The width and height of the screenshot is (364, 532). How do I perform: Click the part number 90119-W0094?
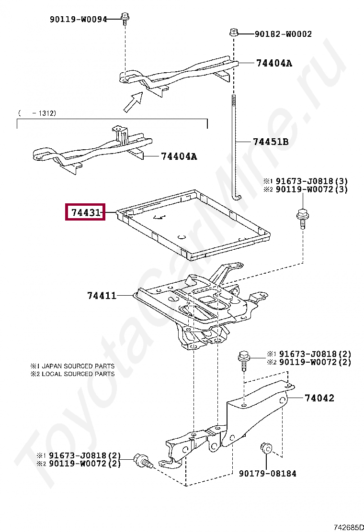pyautogui.click(x=79, y=19)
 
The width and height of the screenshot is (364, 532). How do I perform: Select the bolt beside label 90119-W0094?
pyautogui.click(x=125, y=19)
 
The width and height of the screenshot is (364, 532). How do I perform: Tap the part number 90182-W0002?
pyautogui.click(x=283, y=34)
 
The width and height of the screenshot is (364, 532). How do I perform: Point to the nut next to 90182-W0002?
pyautogui.click(x=234, y=33)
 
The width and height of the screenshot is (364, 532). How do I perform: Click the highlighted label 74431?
pyautogui.click(x=85, y=212)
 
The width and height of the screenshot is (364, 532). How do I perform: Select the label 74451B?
pyautogui.click(x=271, y=142)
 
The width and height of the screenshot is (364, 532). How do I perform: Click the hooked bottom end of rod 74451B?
pyautogui.click(x=237, y=195)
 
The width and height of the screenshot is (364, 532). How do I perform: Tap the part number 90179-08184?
pyautogui.click(x=268, y=474)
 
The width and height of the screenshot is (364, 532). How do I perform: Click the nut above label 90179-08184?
pyautogui.click(x=266, y=449)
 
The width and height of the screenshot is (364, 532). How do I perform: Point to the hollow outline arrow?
pyautogui.click(x=133, y=102)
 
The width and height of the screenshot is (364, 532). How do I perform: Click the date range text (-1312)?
pyautogui.click(x=37, y=113)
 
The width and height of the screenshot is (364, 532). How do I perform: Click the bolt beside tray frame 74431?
pyautogui.click(x=302, y=219)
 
